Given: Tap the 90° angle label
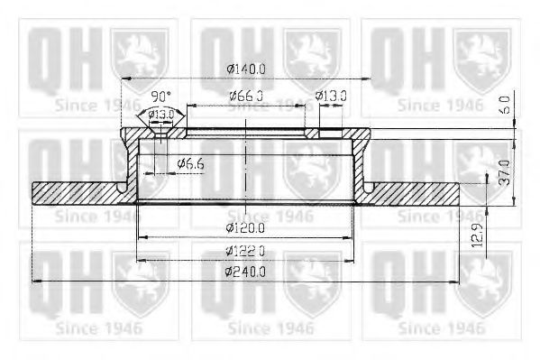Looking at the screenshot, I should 160,95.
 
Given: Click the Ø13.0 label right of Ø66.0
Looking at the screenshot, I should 332,95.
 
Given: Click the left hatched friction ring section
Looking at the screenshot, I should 77,193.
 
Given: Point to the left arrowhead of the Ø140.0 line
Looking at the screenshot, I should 127,79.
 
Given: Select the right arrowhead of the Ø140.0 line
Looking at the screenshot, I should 368,79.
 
